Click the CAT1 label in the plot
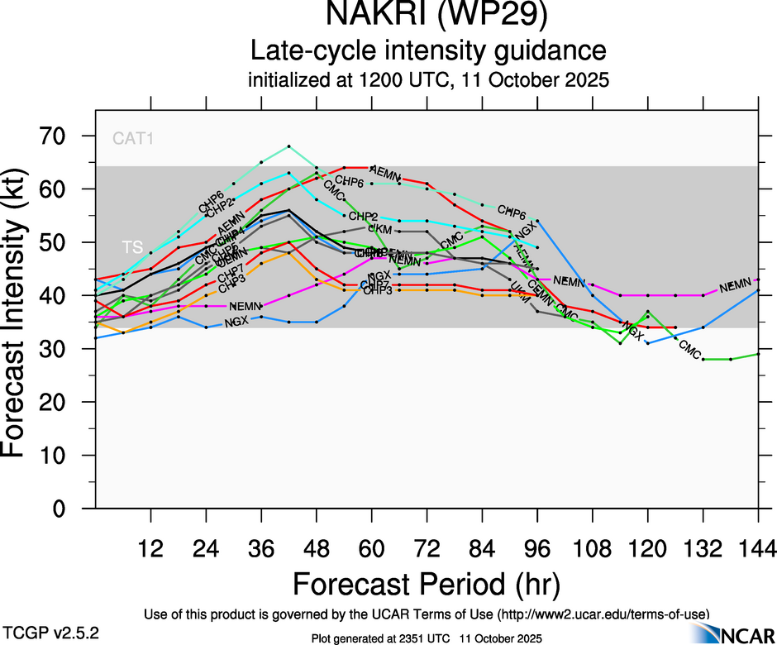(x=133, y=138)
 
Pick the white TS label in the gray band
(x=132, y=247)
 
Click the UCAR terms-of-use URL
(x=603, y=614)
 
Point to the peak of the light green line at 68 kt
(x=288, y=146)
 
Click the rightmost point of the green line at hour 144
(x=758, y=354)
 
